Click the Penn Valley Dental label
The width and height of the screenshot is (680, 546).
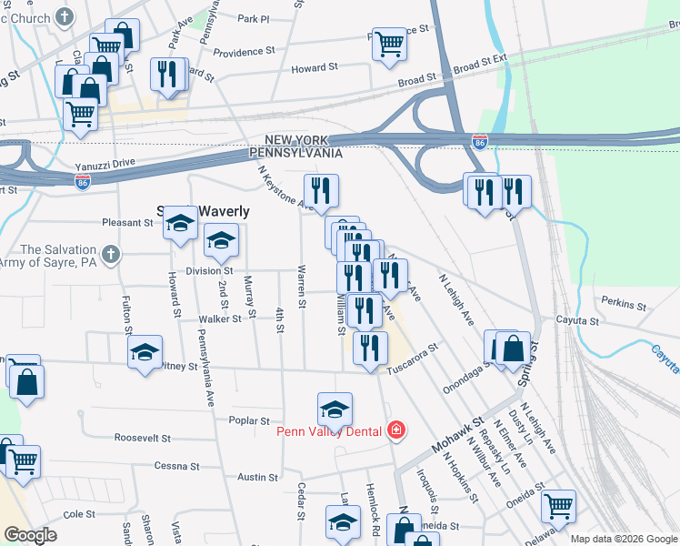[332, 430]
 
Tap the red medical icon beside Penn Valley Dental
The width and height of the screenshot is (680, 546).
[395, 430]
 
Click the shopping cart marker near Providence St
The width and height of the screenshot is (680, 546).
[389, 43]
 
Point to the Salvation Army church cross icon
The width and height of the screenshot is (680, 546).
[110, 254]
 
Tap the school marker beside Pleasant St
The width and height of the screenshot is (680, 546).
[181, 223]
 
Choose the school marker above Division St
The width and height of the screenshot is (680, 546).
[219, 241]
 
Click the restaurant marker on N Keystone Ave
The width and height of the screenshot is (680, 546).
[321, 190]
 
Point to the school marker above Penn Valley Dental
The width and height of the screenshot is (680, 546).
[335, 409]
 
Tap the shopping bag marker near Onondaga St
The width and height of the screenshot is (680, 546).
[513, 348]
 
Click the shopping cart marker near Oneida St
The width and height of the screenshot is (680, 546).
[558, 505]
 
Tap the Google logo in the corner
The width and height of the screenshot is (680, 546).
[32, 535]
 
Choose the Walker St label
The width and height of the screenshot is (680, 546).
[221, 318]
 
